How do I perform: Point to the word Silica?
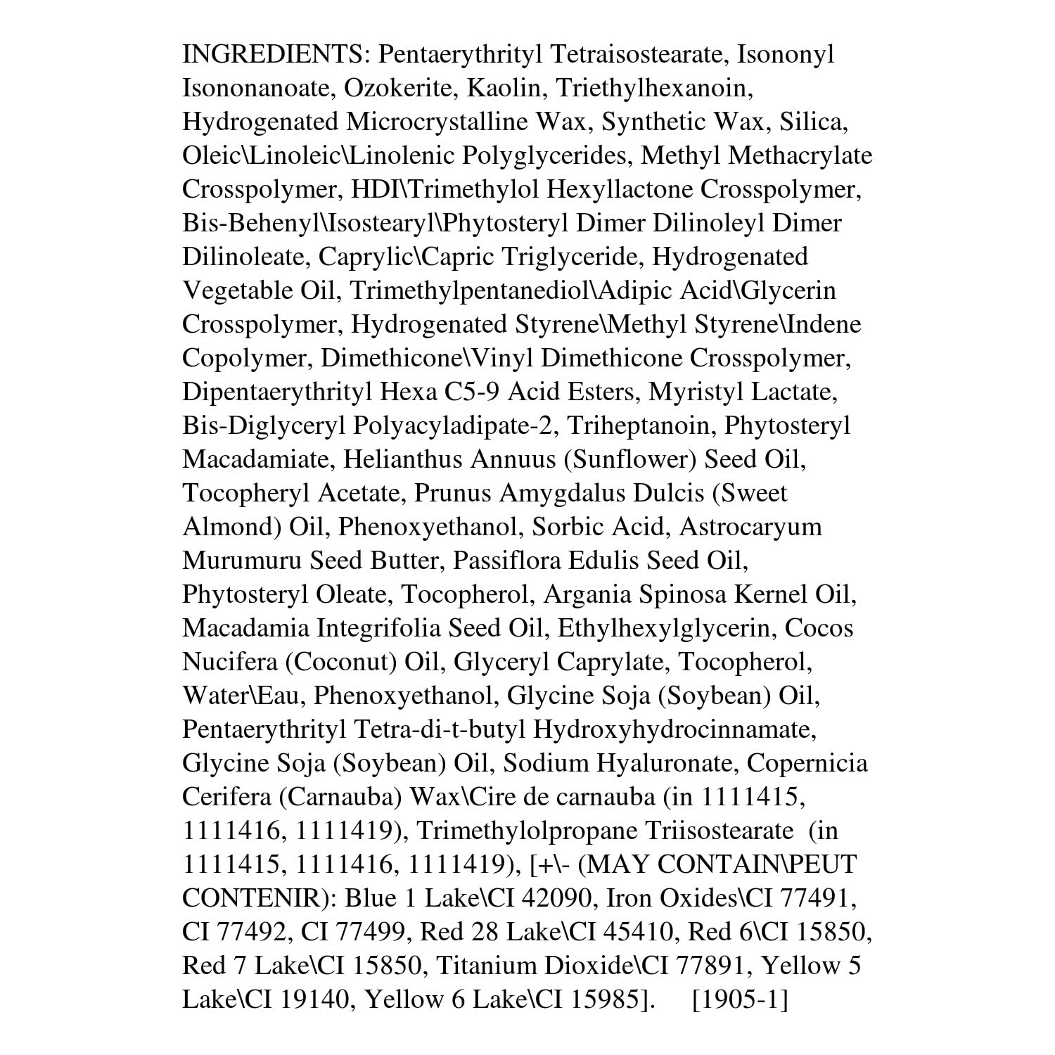[811, 122]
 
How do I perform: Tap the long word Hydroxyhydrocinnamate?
[674, 729]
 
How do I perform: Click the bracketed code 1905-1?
[740, 999]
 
